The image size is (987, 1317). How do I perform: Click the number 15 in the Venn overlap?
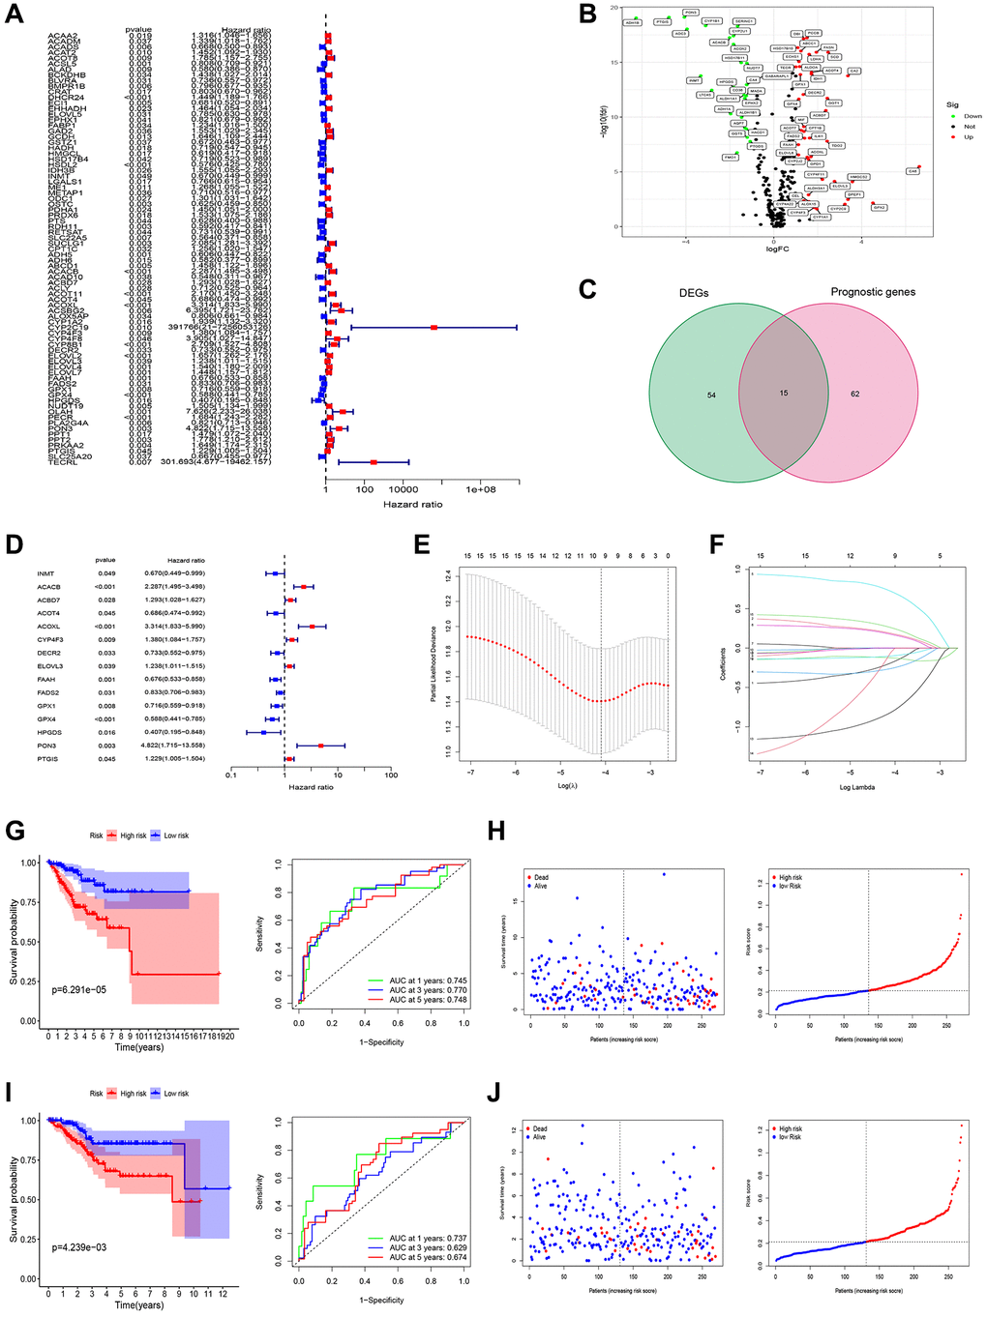[x=783, y=393]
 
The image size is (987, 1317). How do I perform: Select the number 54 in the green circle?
[x=711, y=395]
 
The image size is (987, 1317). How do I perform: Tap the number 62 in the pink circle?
[x=855, y=395]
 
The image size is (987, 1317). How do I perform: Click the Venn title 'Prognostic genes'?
[x=872, y=291]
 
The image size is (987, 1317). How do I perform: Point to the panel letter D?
[x=15, y=543]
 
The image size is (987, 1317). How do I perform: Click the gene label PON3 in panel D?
[x=46, y=746]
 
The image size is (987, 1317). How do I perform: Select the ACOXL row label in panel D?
[x=48, y=627]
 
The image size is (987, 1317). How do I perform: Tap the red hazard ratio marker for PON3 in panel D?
[x=320, y=746]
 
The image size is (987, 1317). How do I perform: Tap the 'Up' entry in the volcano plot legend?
[x=968, y=137]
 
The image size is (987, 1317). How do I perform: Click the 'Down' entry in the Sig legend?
[x=972, y=116]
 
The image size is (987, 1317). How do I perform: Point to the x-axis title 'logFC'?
[x=777, y=249]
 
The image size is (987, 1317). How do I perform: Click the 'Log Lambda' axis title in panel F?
[x=856, y=787]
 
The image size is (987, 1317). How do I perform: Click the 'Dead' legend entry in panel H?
[x=540, y=877]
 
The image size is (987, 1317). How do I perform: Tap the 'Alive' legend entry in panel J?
[x=539, y=1137]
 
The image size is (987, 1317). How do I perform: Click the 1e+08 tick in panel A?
[x=481, y=489]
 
